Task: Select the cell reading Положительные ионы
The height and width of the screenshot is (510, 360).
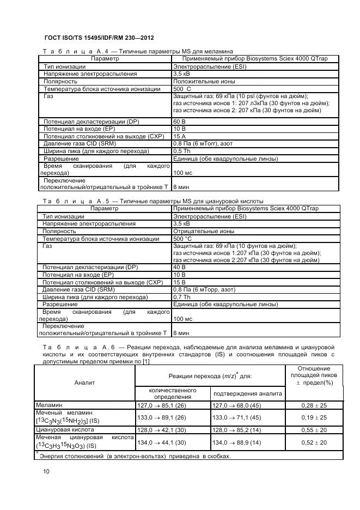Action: click(204, 81)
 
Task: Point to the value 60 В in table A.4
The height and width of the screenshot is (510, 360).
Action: click(180, 121)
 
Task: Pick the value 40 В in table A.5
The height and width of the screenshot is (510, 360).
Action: click(180, 268)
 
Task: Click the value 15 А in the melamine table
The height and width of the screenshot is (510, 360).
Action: click(180, 136)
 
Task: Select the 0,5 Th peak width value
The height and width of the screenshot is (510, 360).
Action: click(182, 151)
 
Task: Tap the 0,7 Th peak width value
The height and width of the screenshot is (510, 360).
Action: click(182, 297)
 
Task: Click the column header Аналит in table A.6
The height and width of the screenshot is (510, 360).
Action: click(84, 382)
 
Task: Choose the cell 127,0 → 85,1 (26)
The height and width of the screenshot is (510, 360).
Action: click(161, 405)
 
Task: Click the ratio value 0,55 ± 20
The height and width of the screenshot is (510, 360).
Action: click(314, 429)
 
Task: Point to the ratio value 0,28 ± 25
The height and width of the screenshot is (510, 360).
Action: click(314, 405)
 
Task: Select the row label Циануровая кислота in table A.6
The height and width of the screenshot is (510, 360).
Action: click(62, 429)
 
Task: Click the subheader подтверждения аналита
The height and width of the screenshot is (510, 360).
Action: click(247, 393)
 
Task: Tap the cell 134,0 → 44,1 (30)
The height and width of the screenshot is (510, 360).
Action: click(161, 442)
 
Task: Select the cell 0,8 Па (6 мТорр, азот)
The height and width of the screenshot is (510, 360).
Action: click(204, 289)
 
